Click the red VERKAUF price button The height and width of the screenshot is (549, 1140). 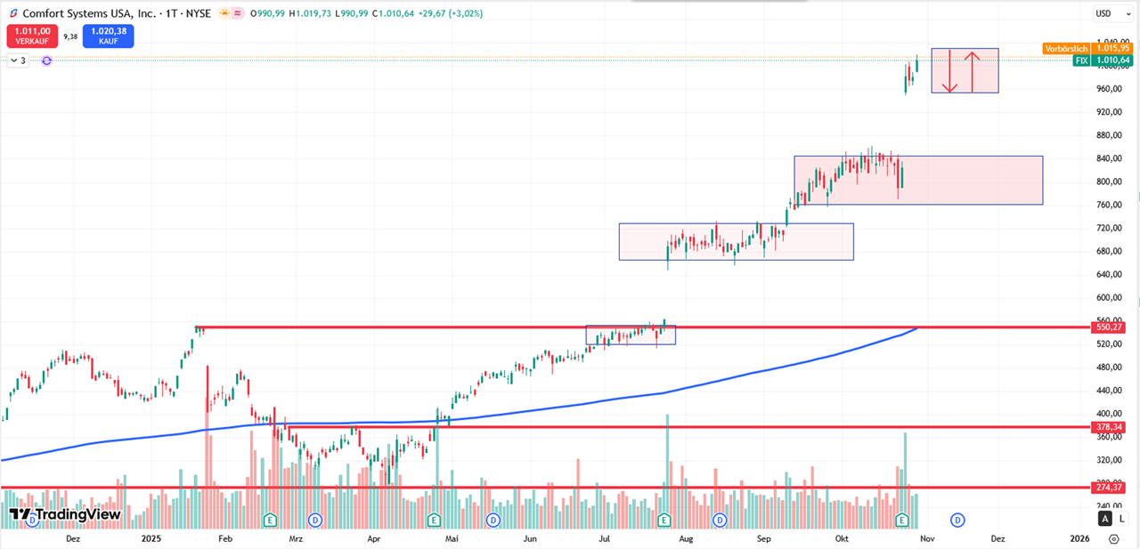(32, 36)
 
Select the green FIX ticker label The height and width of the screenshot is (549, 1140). (1081, 61)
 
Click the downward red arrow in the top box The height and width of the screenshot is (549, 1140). (949, 71)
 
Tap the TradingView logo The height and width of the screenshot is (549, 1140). (64, 514)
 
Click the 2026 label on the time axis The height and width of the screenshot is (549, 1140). (1079, 538)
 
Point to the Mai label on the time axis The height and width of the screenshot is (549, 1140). (452, 538)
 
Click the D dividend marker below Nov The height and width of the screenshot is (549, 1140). (957, 519)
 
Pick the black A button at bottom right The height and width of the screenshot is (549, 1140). (1105, 519)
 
